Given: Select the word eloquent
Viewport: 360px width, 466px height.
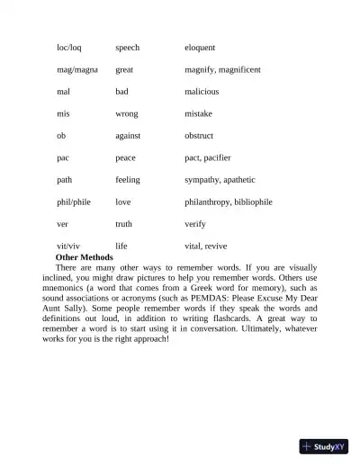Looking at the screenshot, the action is pos(200,47).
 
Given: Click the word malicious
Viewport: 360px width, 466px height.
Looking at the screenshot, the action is pos(202,92).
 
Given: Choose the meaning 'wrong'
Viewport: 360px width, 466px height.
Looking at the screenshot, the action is pos(126,114).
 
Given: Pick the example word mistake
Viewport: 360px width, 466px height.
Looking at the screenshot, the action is pos(198,114).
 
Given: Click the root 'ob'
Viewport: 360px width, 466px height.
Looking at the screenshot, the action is pos(61,136).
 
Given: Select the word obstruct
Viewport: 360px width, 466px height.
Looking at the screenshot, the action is pos(199,136).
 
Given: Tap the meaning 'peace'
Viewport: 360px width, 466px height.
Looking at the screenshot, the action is pos(125,157).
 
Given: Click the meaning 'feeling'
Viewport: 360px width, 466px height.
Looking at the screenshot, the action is pos(128,180).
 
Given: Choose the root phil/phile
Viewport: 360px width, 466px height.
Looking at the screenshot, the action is pos(74,202).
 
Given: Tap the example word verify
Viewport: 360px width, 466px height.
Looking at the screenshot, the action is pos(195,224).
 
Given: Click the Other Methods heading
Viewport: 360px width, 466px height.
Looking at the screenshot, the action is pos(88,257).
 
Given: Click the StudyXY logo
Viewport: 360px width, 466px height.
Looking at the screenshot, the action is pos(324,445).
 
